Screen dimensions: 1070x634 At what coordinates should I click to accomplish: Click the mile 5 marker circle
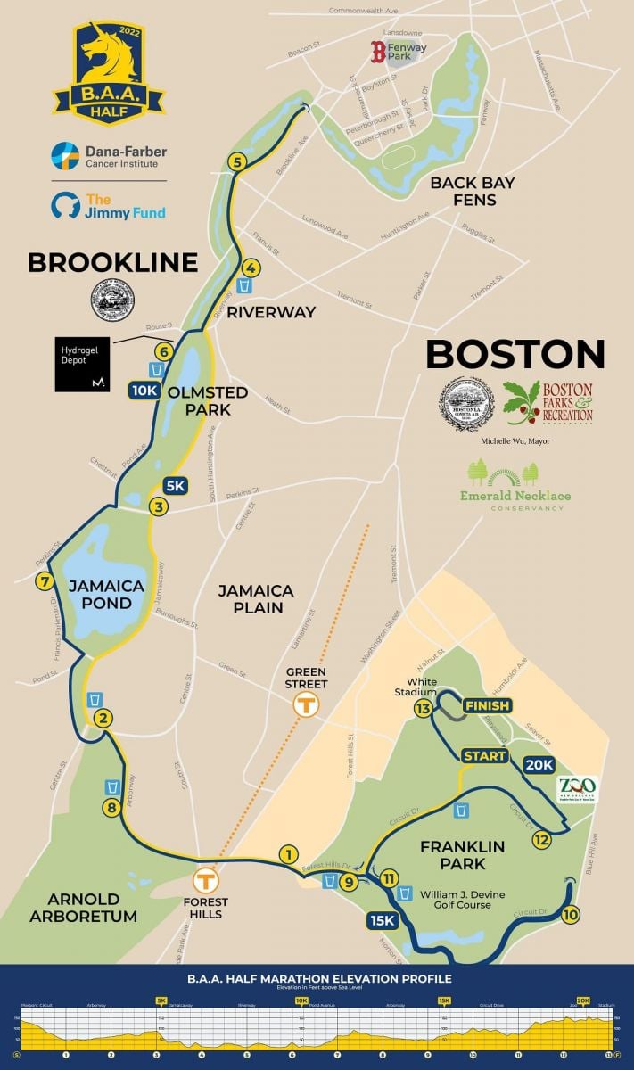point(236,161)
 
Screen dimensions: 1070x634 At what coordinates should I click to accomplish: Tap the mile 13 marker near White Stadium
point(424,709)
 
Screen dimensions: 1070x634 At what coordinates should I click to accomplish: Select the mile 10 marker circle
point(571,914)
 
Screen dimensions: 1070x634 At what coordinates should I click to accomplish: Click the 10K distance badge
point(144,390)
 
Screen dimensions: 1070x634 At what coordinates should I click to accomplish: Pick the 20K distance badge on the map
point(539,765)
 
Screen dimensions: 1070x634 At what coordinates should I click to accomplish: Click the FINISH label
point(487,706)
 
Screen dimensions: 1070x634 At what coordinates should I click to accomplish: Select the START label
point(484,756)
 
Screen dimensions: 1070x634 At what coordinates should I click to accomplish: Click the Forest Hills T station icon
point(206,879)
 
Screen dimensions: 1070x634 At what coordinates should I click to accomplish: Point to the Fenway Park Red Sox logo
point(378,52)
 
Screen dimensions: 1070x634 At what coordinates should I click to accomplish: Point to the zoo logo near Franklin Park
point(577,789)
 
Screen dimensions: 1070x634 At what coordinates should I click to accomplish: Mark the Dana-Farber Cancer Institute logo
point(108,157)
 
